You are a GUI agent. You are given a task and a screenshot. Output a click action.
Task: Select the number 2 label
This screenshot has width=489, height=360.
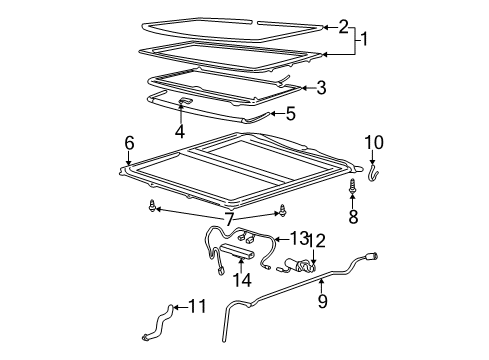[343, 26]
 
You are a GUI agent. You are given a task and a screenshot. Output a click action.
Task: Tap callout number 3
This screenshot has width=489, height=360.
[321, 88]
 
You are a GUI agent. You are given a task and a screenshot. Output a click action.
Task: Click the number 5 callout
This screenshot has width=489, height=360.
[290, 114]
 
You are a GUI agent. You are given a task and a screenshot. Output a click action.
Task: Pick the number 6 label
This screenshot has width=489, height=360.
[129, 144]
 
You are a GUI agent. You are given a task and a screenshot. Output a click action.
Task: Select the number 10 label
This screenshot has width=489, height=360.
[373, 141]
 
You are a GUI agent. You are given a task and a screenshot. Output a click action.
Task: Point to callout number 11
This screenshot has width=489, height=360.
[197, 307]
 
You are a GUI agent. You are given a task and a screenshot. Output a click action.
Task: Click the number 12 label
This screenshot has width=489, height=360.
[318, 267]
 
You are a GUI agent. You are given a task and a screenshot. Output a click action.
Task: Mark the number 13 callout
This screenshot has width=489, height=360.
[299, 237]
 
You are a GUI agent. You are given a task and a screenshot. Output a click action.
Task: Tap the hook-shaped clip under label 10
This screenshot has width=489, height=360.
[373, 174]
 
